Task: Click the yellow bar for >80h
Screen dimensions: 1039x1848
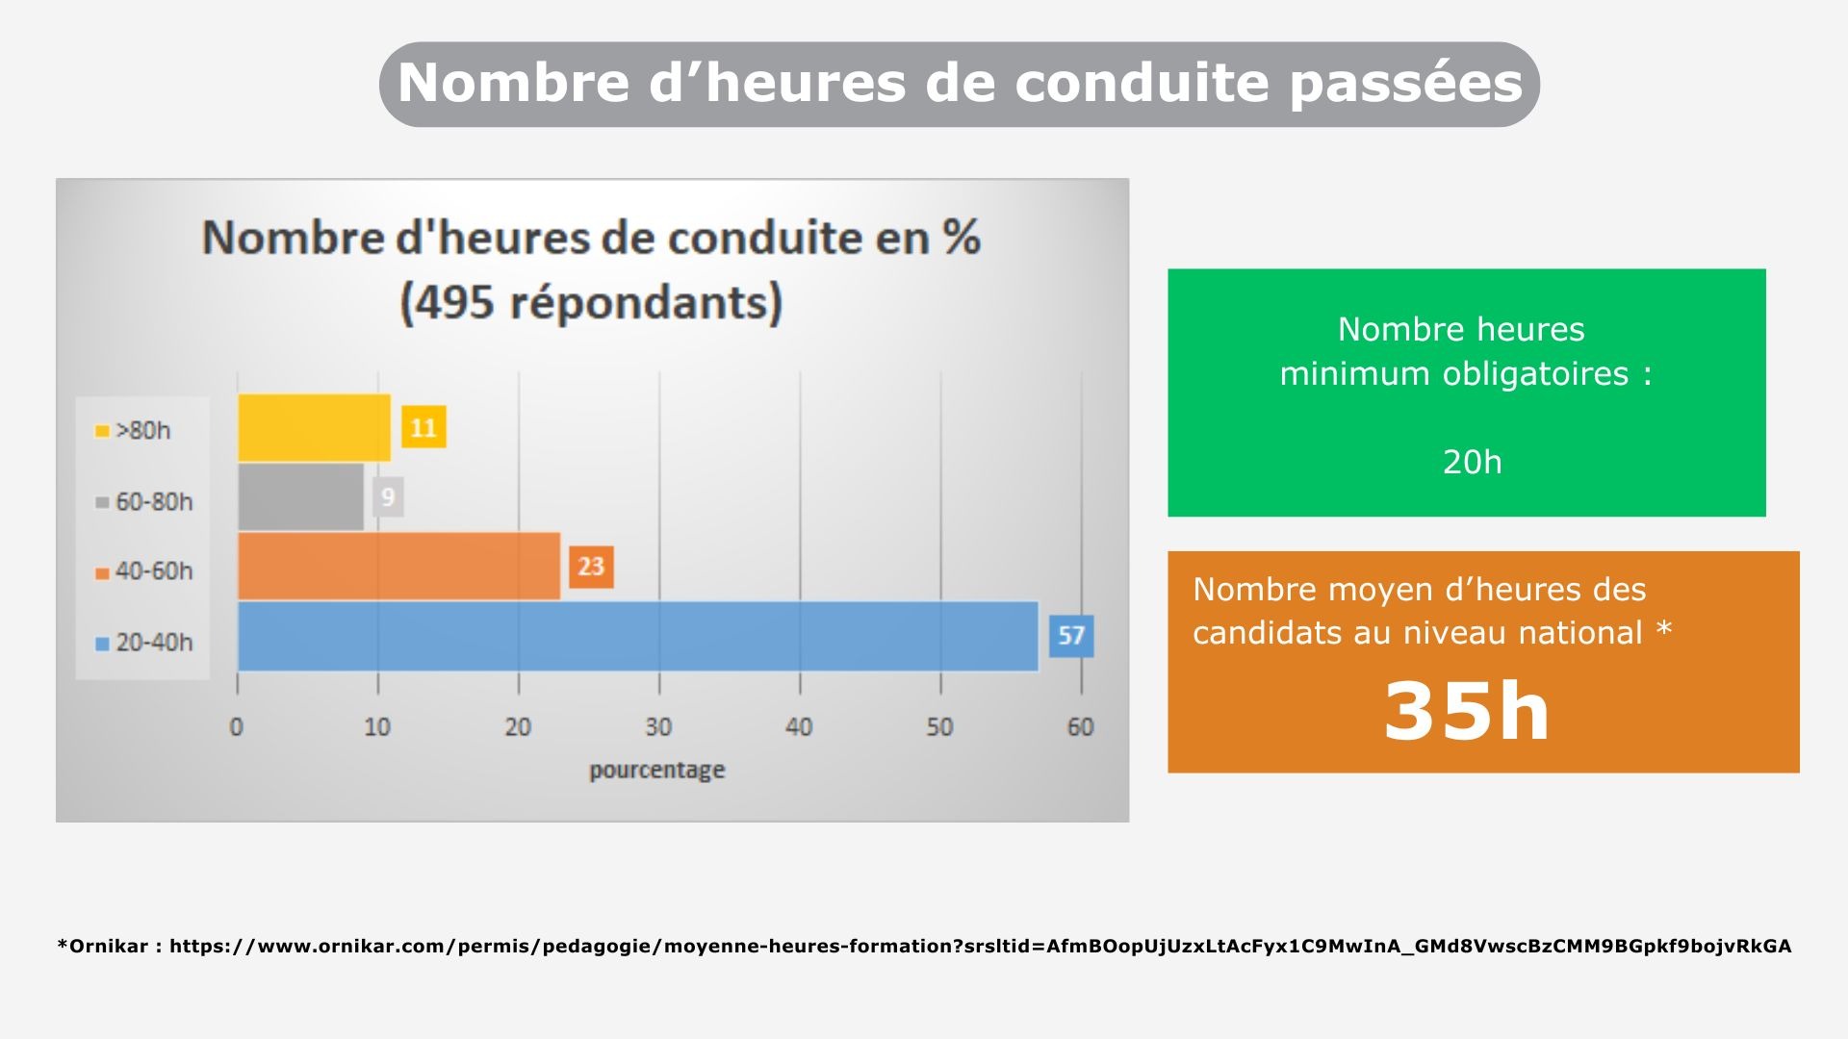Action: click(314, 428)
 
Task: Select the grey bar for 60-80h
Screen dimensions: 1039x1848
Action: click(300, 497)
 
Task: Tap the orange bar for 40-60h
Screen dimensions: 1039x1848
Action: click(398, 567)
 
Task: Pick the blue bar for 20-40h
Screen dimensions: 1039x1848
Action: click(637, 636)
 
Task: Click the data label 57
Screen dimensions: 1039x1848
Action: click(1071, 636)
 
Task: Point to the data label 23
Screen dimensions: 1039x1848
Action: click(591, 567)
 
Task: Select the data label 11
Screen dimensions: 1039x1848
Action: click(423, 428)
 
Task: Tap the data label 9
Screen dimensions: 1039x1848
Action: click(388, 497)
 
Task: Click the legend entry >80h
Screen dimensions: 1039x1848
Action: click(134, 430)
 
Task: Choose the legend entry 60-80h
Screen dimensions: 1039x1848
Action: click(144, 501)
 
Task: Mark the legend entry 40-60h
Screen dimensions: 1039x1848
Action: click(144, 571)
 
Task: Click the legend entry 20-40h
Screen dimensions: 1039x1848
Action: click(144, 642)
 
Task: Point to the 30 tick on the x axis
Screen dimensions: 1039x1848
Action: click(658, 727)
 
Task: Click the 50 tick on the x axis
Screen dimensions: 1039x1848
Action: click(939, 727)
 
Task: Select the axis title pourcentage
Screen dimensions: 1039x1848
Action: click(656, 770)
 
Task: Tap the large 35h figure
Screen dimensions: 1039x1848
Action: click(1467, 712)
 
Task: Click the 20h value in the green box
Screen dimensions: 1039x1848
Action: click(1472, 463)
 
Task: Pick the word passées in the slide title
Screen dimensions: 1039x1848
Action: click(1406, 83)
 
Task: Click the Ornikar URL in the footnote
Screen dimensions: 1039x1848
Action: click(980, 947)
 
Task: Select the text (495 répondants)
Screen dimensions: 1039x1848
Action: click(591, 302)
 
